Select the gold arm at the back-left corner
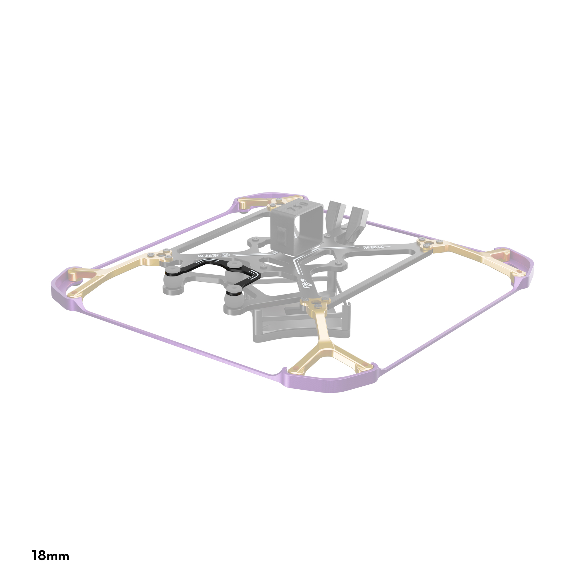[257, 203]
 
